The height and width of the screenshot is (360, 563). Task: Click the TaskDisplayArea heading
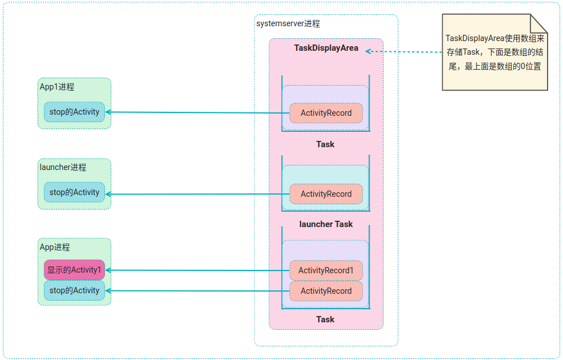pos(326,48)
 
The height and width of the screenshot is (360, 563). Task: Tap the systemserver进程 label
pos(288,24)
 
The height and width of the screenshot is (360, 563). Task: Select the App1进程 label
pos(57,87)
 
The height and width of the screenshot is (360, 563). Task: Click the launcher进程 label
pos(63,167)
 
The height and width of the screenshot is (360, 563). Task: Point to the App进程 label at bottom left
pos(55,247)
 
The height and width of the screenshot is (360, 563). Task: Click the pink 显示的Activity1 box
pos(74,270)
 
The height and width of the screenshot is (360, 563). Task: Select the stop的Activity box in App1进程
pos(74,112)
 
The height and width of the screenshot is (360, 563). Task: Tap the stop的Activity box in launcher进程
pos(74,192)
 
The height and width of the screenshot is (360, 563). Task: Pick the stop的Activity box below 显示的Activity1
pos(74,290)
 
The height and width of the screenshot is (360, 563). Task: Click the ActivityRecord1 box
pos(326,270)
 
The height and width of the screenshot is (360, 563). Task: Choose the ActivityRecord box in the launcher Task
pos(326,194)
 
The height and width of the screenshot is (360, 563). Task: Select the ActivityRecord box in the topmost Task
pos(326,113)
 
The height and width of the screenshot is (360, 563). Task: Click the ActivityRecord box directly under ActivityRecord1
pos(326,291)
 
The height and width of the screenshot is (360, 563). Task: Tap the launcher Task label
pos(326,224)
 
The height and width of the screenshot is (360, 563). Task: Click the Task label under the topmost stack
pos(325,144)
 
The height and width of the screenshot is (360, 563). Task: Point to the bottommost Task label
pos(325,319)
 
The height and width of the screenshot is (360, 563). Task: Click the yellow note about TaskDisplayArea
pos(493,54)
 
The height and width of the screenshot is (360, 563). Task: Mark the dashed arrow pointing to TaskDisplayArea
pos(405,51)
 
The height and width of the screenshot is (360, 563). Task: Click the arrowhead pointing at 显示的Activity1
pos(108,270)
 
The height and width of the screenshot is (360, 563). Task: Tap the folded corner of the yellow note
pos(539,23)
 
